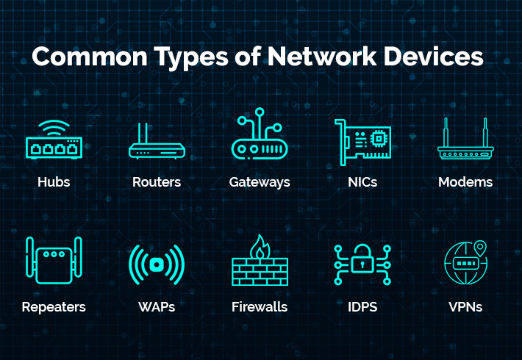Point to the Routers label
[x=157, y=181]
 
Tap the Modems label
[x=465, y=181]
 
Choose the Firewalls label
[x=260, y=306]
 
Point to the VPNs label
[x=465, y=306]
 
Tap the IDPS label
[x=362, y=306]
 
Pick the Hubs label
[x=54, y=181]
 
